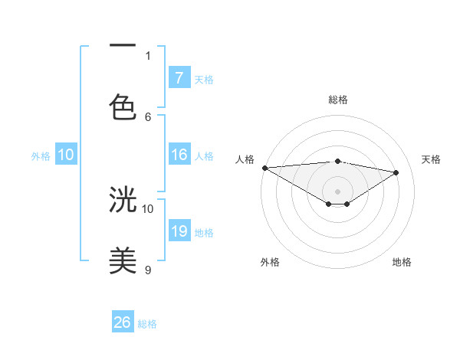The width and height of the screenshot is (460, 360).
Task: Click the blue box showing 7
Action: pos(179,78)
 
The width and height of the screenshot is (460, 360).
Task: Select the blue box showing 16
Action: pos(179,155)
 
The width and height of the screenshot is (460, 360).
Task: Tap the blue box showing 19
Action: pos(179,231)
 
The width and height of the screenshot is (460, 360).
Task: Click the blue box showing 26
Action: pos(123,323)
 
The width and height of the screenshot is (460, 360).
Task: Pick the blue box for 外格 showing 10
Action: pos(66,155)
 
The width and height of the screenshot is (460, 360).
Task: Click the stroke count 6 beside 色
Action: pos(148,116)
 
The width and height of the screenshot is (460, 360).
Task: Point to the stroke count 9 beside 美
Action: pos(148,270)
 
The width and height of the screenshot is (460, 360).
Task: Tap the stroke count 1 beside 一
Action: pos(148,55)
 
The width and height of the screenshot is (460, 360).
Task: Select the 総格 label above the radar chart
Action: pos(338,100)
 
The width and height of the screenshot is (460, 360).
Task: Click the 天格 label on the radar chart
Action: pos(432,159)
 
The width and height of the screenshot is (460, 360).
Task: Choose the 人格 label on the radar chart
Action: pos(245,159)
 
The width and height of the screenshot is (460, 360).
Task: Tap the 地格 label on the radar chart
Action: pos(402,262)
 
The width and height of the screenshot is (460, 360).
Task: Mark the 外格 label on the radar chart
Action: pos(270,262)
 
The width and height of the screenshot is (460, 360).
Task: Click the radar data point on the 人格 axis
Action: pos(264,168)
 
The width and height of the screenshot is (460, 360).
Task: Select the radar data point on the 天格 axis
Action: pos(396,172)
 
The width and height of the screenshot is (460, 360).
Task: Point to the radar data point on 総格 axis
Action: pos(338,161)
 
